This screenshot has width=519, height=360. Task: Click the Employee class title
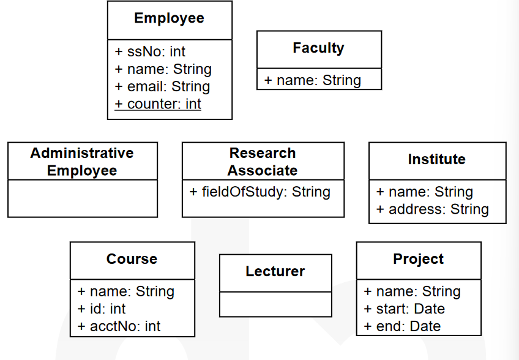169,18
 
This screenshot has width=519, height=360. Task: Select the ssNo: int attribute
150,51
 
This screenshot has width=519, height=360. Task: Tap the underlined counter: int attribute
158,104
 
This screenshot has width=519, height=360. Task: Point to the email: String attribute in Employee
162,86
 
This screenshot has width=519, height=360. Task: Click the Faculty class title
318,48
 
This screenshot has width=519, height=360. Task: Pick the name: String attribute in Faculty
313,80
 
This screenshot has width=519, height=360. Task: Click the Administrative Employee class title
82,162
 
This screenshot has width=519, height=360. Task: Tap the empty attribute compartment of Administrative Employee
83,198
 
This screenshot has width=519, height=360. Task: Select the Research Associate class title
263,162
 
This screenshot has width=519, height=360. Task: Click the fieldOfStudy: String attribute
260,192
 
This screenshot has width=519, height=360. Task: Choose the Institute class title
437,159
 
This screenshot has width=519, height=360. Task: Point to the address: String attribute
432,209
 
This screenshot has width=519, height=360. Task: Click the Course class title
132,259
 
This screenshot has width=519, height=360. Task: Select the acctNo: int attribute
119,326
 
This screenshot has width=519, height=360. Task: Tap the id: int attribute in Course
101,309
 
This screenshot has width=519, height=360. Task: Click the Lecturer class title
275,271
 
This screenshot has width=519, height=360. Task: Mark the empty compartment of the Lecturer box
275,304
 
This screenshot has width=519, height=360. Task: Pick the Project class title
419,259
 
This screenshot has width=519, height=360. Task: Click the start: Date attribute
404,309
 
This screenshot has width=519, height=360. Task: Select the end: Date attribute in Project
402,326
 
